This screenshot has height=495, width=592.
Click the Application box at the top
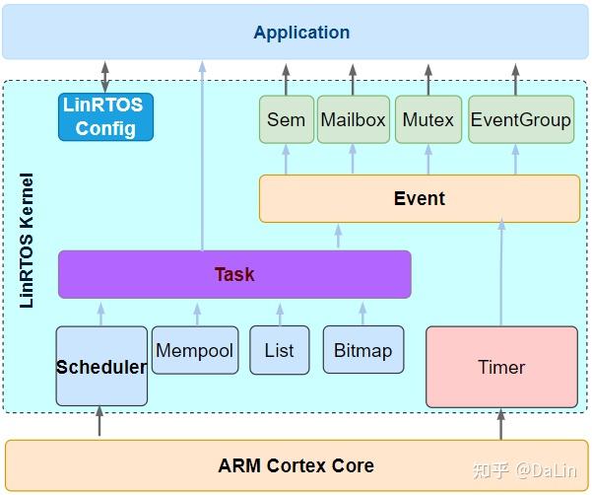point(300,33)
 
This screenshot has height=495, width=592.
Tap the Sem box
point(286,119)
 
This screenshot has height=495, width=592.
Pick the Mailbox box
point(353,119)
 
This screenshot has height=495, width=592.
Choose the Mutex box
point(428,119)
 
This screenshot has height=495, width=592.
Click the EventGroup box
point(520,119)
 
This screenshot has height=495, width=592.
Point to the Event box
point(419,198)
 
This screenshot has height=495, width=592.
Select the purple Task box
point(234,274)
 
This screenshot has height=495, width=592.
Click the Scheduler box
point(101,366)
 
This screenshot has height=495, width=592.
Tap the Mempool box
point(195,350)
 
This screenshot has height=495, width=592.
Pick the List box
point(279,350)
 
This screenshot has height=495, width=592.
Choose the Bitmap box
point(362,350)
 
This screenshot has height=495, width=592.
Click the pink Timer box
point(501,367)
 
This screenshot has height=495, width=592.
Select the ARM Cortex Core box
point(296,465)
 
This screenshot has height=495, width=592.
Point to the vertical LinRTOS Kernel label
point(27,241)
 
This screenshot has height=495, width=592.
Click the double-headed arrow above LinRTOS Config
point(105,76)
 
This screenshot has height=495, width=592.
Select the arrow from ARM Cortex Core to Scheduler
point(99,422)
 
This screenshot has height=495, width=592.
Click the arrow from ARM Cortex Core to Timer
point(500,424)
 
